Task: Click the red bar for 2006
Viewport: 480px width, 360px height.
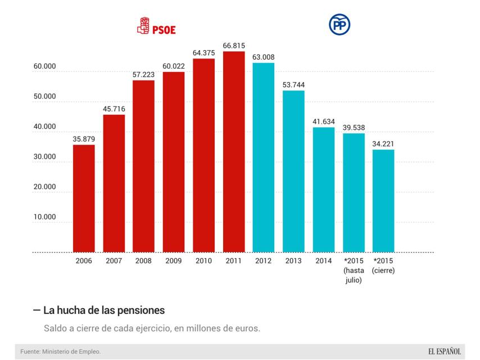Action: coord(84,198)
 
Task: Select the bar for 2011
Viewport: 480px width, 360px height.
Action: coord(234,152)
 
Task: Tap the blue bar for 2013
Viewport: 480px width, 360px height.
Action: coord(293,171)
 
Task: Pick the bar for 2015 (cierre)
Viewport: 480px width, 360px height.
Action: coord(383,201)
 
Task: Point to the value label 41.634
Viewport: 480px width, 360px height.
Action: coord(324,122)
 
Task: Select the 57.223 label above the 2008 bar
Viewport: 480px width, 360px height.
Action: coord(143,75)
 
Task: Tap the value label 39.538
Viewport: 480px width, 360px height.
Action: coord(354,128)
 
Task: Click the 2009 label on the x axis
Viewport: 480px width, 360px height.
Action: coord(174,261)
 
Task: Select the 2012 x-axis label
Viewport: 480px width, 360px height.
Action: coord(264,261)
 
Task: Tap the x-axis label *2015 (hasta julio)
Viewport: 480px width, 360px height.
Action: coord(354,270)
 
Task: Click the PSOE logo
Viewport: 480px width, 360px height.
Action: coord(157,26)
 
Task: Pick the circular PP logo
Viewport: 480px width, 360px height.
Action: coord(339,25)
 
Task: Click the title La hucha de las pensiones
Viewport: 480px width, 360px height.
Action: coord(103,310)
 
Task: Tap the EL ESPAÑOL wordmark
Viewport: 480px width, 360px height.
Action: coord(444,352)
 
